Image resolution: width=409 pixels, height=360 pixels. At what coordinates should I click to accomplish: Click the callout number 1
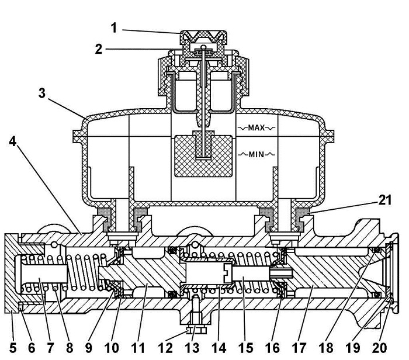tap(114, 28)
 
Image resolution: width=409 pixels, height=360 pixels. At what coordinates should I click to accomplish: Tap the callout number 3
tap(42, 93)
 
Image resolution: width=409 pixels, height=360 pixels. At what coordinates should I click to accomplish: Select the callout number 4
tap(13, 141)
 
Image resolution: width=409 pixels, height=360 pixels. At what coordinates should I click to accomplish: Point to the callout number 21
tap(385, 200)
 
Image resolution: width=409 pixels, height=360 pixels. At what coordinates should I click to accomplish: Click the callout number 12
tap(165, 348)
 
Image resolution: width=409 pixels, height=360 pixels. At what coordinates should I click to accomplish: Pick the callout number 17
tap(299, 348)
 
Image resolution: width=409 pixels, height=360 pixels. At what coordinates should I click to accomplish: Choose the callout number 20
tap(380, 348)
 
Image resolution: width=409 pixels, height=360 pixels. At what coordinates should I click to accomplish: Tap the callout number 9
tap(89, 348)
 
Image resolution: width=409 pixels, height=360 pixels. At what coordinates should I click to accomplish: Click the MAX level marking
tap(257, 127)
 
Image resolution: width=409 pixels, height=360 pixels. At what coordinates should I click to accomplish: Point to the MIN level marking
tap(257, 154)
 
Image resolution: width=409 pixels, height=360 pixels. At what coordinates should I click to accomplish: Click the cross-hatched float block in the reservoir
tap(203, 156)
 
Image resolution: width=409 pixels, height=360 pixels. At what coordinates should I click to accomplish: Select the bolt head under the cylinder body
tap(196, 331)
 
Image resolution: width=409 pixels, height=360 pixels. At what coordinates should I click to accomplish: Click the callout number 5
tap(13, 348)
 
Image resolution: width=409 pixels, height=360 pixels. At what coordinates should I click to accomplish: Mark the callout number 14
tap(219, 348)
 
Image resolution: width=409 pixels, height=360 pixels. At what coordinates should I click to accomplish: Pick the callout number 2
tap(98, 49)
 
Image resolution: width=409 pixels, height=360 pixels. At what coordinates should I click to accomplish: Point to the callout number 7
tap(50, 348)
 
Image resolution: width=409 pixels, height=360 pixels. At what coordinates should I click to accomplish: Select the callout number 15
tap(245, 348)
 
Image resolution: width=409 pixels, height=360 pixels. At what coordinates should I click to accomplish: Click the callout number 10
tap(112, 348)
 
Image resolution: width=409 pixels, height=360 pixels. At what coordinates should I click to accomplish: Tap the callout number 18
tap(326, 348)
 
